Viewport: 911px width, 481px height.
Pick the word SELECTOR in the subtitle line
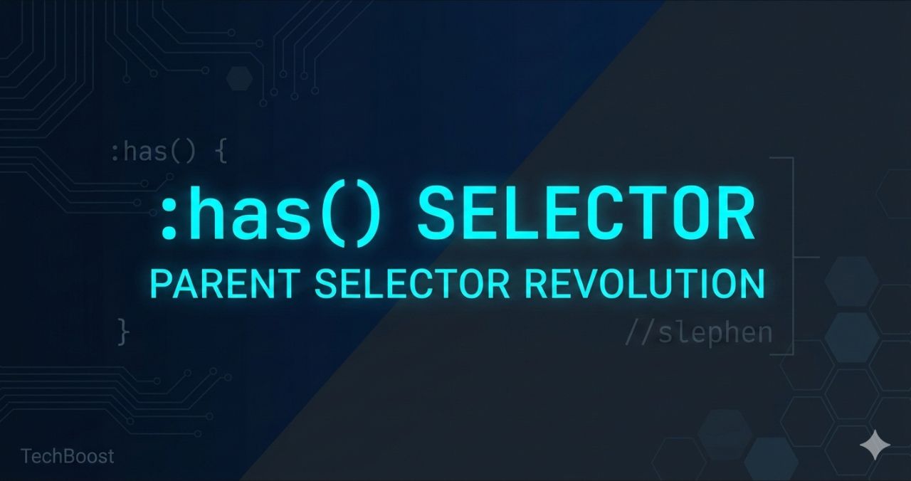(412, 284)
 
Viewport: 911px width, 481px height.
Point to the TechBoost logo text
(67, 456)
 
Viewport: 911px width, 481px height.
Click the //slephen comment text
(698, 332)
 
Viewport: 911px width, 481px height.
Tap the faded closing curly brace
(124, 332)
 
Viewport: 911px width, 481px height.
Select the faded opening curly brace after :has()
(221, 152)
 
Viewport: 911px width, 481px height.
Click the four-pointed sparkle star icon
(875, 445)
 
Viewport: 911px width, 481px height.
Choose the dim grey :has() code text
(152, 152)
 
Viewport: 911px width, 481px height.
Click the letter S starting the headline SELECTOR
(438, 213)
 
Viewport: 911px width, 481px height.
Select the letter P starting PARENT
(160, 284)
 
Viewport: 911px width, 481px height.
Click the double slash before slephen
(639, 332)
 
